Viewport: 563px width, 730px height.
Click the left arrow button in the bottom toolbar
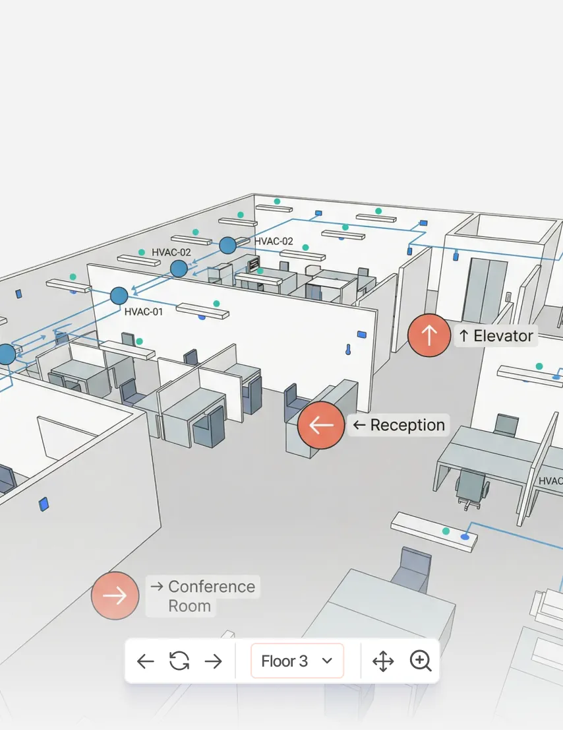pyautogui.click(x=145, y=661)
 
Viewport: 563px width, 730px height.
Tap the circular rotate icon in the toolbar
pyautogui.click(x=179, y=661)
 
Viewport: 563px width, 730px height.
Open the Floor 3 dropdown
pyautogui.click(x=297, y=661)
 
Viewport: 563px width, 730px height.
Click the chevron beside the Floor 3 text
pyautogui.click(x=327, y=661)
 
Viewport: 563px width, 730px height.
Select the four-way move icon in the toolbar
pyautogui.click(x=383, y=661)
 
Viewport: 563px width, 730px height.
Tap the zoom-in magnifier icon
pyautogui.click(x=420, y=661)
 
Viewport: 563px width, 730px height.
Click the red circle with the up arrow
pyautogui.click(x=429, y=336)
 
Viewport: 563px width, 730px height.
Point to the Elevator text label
pyautogui.click(x=496, y=336)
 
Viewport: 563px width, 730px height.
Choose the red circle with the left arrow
pyautogui.click(x=321, y=426)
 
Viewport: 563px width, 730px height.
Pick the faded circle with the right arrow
pyautogui.click(x=115, y=596)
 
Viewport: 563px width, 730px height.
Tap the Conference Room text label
pyautogui.click(x=202, y=596)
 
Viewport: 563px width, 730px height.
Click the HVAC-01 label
pyautogui.click(x=143, y=312)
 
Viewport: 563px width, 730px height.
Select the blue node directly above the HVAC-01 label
pyautogui.click(x=119, y=296)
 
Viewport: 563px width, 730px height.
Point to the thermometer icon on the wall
pyautogui.click(x=347, y=349)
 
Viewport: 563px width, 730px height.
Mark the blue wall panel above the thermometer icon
pyautogui.click(x=361, y=334)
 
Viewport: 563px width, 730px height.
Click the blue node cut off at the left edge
pyautogui.click(x=5, y=354)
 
